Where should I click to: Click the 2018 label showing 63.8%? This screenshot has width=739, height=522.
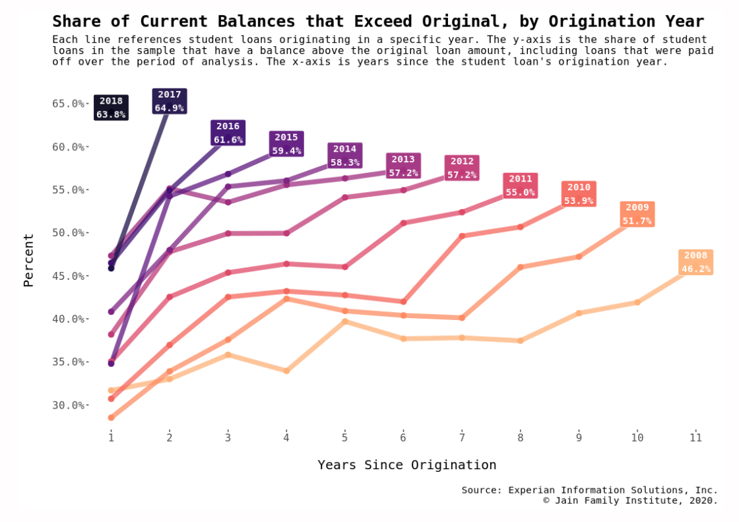coord(111,108)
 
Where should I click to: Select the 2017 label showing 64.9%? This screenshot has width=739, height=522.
coord(170,101)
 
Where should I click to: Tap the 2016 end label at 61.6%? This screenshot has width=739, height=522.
coord(228,133)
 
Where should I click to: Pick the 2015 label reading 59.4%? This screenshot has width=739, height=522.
coord(286,144)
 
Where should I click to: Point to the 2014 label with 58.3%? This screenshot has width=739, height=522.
coord(344,155)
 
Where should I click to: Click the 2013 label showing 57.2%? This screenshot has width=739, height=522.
coord(403,166)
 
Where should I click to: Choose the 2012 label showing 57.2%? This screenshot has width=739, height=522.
coord(462,168)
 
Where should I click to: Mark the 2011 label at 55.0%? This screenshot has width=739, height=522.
coord(520,185)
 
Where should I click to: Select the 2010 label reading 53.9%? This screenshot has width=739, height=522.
coord(579,194)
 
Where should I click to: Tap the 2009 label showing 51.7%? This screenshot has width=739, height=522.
coord(637,214)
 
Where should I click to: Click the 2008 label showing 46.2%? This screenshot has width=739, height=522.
coord(695,262)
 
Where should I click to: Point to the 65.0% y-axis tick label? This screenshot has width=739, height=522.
coord(68,104)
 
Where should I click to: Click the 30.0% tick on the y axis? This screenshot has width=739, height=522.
coord(68,405)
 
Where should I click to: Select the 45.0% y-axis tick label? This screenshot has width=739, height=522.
coord(68,276)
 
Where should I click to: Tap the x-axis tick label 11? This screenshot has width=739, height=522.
coord(695,438)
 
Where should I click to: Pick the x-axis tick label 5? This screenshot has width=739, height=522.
coord(344,438)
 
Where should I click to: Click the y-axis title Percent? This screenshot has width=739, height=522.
coord(28,260)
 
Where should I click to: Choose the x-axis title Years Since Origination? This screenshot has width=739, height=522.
coord(406,465)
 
